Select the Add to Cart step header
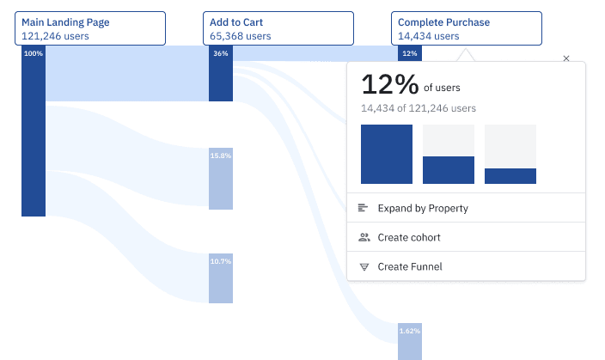(278, 28)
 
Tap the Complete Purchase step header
(467, 28)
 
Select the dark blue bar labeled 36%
(221, 74)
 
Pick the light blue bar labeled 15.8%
(221, 178)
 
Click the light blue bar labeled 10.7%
(221, 278)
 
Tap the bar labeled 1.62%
(410, 341)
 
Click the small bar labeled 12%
(410, 53)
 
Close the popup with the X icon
(565, 58)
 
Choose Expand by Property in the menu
(423, 208)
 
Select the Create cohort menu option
(409, 237)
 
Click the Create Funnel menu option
(410, 266)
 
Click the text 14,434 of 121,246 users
(419, 108)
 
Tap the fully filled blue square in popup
(387, 155)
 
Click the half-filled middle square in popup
(449, 155)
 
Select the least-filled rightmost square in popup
(510, 155)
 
